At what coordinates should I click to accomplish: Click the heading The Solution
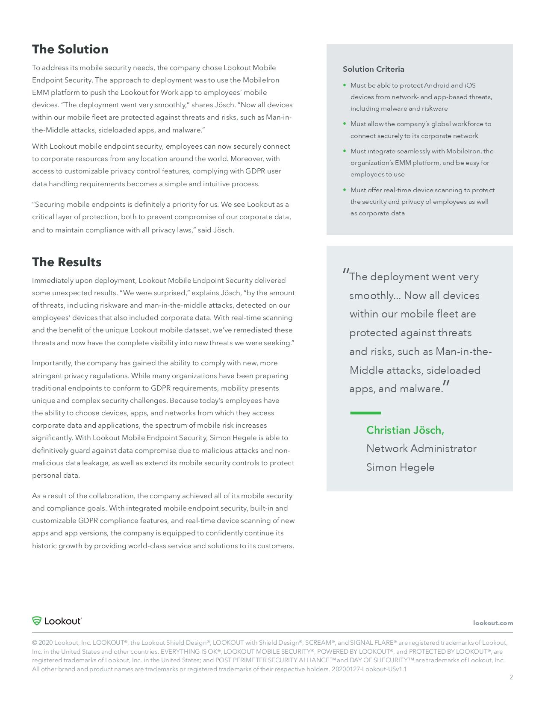[70, 49]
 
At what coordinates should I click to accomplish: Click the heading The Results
[67, 262]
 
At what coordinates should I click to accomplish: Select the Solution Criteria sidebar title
[373, 69]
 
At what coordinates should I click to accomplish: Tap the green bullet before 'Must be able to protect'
[345, 85]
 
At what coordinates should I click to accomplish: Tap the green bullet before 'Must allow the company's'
[345, 123]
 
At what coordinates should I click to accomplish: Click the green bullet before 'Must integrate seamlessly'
[345, 151]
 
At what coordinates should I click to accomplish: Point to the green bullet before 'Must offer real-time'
[345, 190]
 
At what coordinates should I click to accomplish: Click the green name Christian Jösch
[405, 430]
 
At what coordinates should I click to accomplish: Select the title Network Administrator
[421, 449]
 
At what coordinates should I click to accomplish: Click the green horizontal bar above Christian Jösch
[365, 413]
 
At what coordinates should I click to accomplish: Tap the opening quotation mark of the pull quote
[346, 272]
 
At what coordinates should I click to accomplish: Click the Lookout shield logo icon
[37, 621]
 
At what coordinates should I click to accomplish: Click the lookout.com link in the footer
[492, 623]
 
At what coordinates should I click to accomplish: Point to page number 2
[511, 677]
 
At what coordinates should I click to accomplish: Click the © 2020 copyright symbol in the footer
[34, 643]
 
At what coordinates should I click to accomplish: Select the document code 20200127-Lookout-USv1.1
[369, 669]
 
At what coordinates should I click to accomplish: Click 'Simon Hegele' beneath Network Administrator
[400, 467]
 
